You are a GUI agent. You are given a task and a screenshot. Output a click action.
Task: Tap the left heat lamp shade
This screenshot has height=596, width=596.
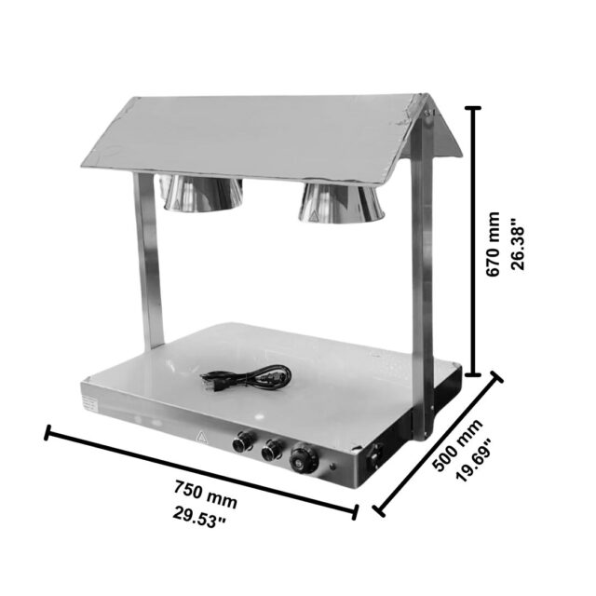(x=203, y=193)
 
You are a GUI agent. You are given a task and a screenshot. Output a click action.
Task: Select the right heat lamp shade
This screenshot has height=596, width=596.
(x=341, y=203)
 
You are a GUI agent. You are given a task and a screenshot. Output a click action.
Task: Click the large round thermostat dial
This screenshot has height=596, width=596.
(x=304, y=459)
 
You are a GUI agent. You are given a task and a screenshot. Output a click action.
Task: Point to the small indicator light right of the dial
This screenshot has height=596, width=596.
(x=332, y=466)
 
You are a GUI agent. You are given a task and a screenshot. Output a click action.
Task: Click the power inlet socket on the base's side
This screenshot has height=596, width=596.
(x=376, y=455)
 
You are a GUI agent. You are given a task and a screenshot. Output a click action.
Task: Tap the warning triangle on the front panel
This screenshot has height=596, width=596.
(x=201, y=437)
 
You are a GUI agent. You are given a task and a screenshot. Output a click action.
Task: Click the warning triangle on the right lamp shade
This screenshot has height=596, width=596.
(x=314, y=217)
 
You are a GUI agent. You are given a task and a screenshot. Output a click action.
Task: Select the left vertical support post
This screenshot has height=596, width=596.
(x=149, y=261)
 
